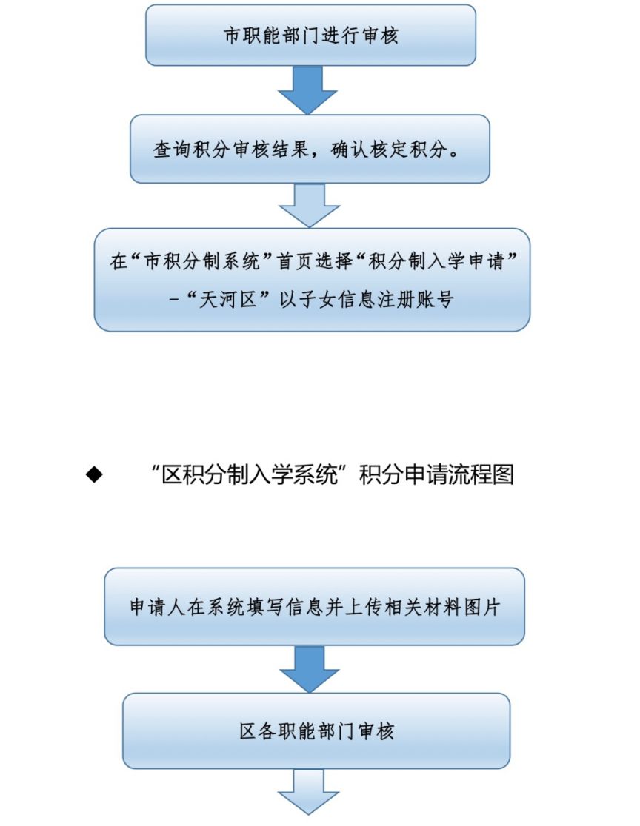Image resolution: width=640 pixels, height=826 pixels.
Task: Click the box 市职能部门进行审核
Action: click(x=310, y=36)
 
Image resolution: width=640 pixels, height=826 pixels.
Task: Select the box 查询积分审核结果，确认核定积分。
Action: click(x=310, y=149)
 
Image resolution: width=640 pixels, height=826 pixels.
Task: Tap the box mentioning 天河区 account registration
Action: click(x=312, y=280)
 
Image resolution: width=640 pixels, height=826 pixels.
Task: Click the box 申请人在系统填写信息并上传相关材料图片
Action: click(x=314, y=606)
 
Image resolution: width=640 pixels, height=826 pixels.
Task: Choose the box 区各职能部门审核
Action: click(x=316, y=731)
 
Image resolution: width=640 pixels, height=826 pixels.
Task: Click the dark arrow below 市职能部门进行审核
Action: click(x=307, y=90)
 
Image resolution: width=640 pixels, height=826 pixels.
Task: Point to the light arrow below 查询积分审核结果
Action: click(x=309, y=206)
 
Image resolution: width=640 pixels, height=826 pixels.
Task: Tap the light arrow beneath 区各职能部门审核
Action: click(x=308, y=792)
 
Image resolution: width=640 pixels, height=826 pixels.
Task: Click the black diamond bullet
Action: click(x=94, y=474)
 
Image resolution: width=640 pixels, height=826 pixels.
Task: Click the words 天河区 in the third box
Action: click(x=228, y=300)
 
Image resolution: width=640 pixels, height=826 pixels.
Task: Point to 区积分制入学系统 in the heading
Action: click(x=250, y=474)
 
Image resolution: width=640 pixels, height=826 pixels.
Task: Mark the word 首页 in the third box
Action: click(x=296, y=261)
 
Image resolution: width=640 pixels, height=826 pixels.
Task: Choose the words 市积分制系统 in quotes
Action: click(x=202, y=261)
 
